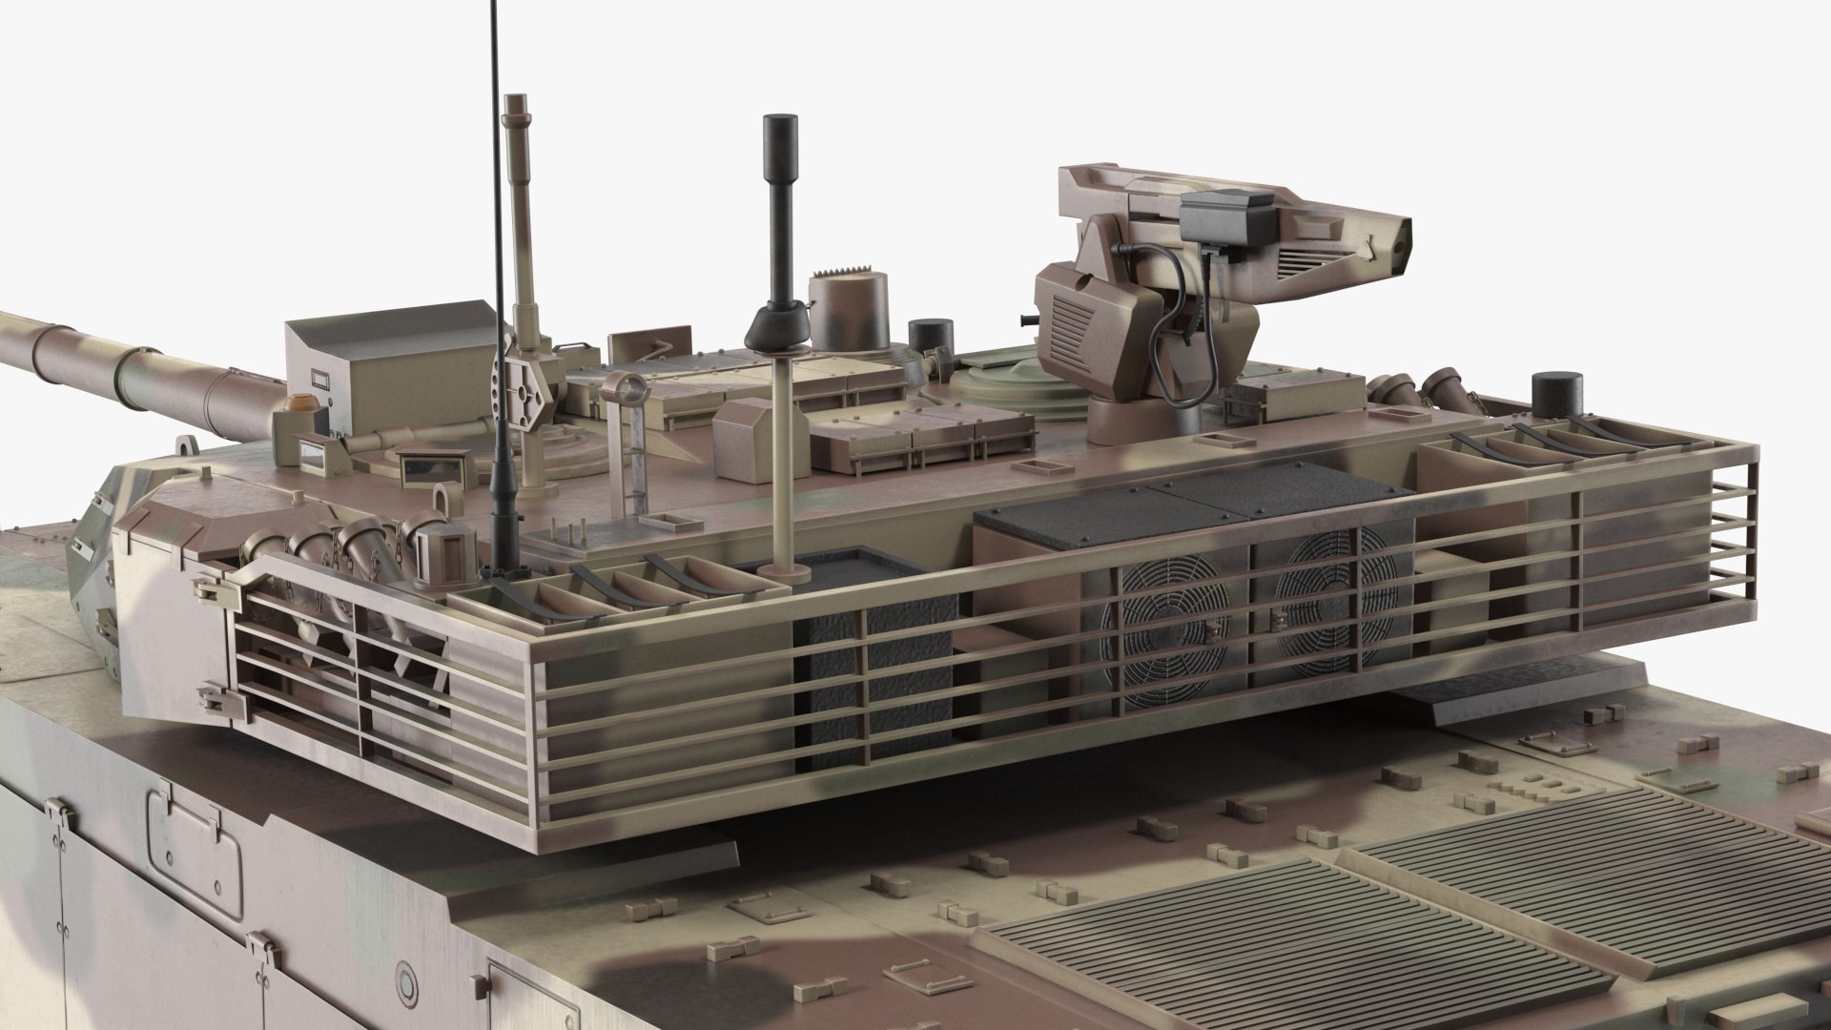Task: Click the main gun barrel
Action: coord(124,362)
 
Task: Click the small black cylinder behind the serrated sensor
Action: coord(925,336)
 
